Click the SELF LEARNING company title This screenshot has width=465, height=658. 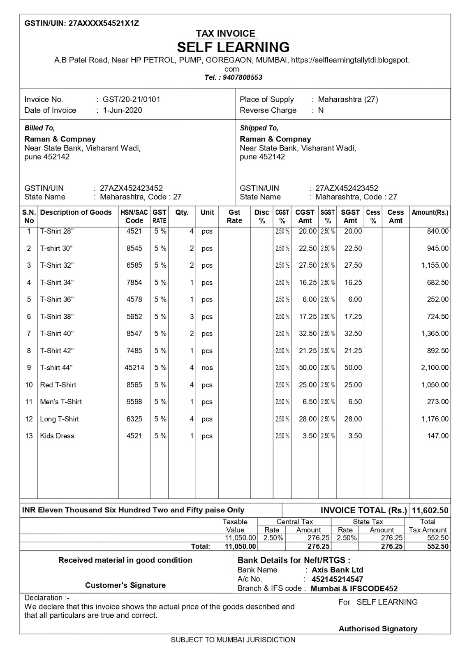(x=233, y=47)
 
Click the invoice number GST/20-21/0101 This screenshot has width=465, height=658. (x=131, y=99)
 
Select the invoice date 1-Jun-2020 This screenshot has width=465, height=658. (x=122, y=110)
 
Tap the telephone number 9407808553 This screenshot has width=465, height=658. (x=242, y=77)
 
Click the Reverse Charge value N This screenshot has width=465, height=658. (x=321, y=110)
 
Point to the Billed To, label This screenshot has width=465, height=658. (x=39, y=128)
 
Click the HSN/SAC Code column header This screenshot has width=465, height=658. (x=134, y=216)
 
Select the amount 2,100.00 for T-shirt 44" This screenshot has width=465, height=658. (x=435, y=368)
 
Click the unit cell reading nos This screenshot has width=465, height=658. (x=207, y=368)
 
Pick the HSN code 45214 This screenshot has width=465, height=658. (x=134, y=368)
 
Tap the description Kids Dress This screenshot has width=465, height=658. (x=57, y=436)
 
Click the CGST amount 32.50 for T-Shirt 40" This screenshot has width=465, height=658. (x=308, y=334)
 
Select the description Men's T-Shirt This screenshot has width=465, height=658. (x=61, y=402)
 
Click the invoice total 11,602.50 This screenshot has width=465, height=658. (x=430, y=510)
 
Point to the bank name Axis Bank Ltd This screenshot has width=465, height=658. (x=337, y=570)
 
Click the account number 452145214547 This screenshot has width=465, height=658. (x=337, y=579)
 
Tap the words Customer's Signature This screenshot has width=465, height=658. (x=125, y=585)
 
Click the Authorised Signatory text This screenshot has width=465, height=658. (x=377, y=628)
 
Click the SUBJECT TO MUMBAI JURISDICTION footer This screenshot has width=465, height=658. (x=233, y=640)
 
